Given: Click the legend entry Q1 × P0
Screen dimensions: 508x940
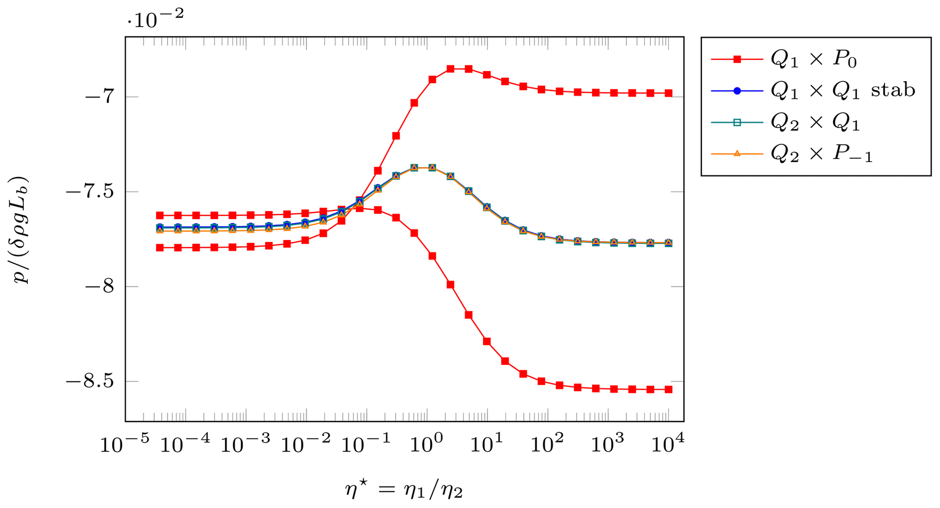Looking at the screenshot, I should coord(814,59).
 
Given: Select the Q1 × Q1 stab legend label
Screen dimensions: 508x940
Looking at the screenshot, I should coord(843,91).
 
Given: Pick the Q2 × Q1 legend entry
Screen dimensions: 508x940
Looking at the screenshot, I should coord(815,122).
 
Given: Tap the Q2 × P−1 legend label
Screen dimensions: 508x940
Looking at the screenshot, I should coord(821,154).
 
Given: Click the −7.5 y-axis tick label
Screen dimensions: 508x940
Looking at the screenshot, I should coord(90,192).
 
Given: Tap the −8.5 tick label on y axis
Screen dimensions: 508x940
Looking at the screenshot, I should coord(90,382).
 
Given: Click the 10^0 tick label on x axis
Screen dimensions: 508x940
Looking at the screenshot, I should coord(426,444).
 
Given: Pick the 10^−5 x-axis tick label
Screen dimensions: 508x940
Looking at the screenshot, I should coord(125,444).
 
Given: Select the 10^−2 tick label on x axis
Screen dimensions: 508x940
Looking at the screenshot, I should coord(306,444).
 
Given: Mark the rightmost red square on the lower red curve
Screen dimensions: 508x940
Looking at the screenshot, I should coord(669,389).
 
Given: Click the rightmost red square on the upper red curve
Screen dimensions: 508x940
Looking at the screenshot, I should coord(669,93).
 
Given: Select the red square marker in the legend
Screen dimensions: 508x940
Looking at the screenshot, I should coord(737,59).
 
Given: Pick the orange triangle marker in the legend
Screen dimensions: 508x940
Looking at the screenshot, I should coord(737,154).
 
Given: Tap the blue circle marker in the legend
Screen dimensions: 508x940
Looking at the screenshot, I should coord(737,91).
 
